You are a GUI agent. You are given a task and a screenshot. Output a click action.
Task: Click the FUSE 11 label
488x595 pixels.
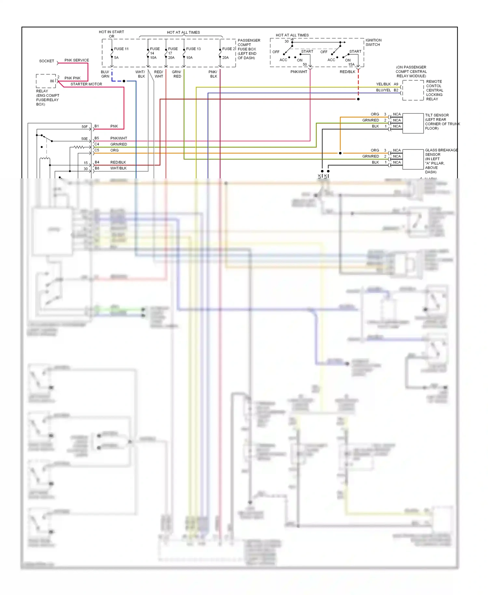[x=121, y=49]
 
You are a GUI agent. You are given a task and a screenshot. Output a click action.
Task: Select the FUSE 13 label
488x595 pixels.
[x=193, y=49]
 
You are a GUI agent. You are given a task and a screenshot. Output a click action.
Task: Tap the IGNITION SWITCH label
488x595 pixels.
[x=373, y=42]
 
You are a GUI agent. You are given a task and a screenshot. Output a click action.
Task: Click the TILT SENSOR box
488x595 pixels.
[x=413, y=123]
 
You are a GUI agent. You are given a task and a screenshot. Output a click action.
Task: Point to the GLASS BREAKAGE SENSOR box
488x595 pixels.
[x=413, y=159]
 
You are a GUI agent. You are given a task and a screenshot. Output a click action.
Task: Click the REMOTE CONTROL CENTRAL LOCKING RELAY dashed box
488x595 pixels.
[x=413, y=90]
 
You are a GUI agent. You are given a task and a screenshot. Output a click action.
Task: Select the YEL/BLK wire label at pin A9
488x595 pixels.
[x=383, y=84]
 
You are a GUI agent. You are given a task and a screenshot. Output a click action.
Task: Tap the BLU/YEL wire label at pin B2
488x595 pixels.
[x=383, y=90]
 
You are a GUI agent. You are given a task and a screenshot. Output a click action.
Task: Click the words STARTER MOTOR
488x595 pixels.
[x=86, y=84]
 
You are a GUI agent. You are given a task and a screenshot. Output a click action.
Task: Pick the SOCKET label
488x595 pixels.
[x=47, y=61]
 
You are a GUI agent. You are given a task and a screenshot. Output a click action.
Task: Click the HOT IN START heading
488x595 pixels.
[x=111, y=32]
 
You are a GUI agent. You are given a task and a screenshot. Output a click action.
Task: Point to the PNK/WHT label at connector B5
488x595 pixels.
[x=119, y=138]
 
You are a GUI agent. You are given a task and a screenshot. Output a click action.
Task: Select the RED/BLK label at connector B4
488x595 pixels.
[x=118, y=162]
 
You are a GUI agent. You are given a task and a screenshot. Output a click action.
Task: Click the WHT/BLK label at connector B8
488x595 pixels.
[x=118, y=168]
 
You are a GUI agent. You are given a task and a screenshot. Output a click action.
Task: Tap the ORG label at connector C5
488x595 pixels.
[x=115, y=150]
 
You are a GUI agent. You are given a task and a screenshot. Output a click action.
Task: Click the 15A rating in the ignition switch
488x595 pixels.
[x=351, y=64]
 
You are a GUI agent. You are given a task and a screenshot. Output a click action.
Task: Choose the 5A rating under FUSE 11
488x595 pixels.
[x=116, y=58]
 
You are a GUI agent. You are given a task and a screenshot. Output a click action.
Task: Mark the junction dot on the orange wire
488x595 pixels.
[x=340, y=153]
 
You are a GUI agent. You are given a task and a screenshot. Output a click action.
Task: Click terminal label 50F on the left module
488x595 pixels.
[x=85, y=127]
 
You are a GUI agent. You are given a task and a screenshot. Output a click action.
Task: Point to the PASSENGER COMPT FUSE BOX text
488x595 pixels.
[x=249, y=49]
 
